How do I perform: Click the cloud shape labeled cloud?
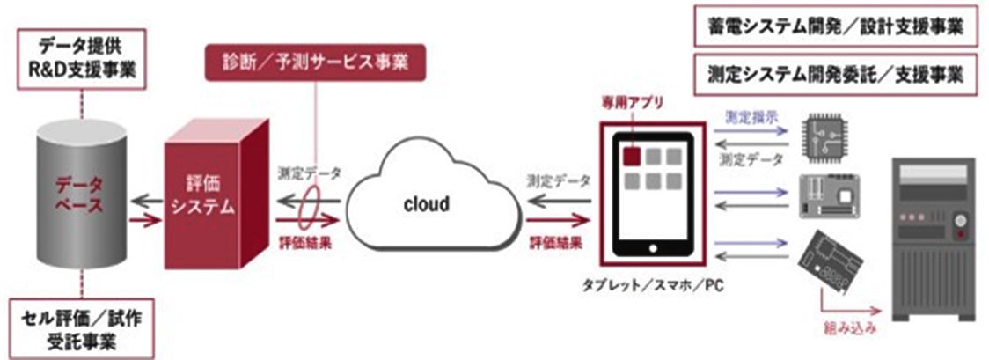point(426,205)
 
